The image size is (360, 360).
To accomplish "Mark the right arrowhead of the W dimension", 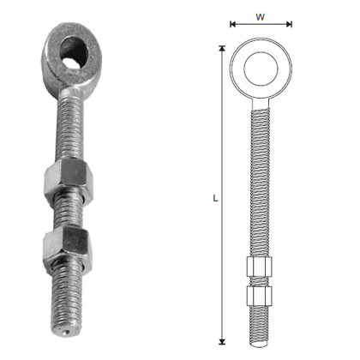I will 290,25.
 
